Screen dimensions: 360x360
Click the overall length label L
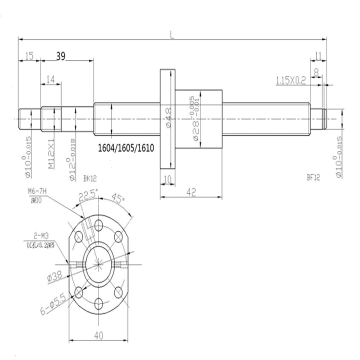pos(171,34)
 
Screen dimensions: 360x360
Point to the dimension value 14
pos(50,79)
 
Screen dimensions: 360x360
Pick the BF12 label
pos(313,176)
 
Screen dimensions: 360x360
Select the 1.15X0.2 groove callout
pos(292,80)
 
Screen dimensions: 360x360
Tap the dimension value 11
pos(318,55)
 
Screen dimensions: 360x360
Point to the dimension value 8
pos(316,71)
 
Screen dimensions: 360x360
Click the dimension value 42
pos(190,190)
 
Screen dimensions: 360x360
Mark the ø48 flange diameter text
pos(168,118)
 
